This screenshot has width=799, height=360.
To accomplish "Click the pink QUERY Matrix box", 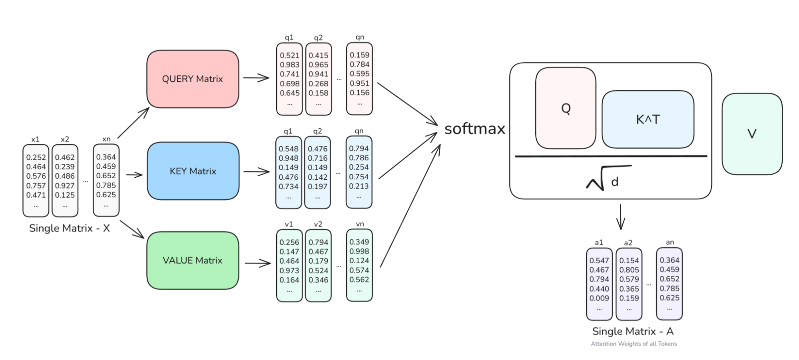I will (193, 79).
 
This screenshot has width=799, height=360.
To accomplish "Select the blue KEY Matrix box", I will (193, 171).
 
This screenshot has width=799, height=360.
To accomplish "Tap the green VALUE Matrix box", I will (193, 261).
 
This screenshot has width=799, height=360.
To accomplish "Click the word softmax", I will (474, 129).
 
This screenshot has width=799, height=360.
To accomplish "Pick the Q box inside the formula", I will (566, 108).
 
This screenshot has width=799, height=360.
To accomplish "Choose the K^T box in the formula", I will (648, 119).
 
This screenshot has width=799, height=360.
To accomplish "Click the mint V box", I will (752, 134).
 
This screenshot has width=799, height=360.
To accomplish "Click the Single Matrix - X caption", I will (70, 228).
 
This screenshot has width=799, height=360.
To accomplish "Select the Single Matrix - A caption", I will (633, 331).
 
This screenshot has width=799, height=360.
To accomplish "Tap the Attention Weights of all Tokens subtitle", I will (634, 344).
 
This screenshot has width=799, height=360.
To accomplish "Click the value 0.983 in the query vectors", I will (289, 65).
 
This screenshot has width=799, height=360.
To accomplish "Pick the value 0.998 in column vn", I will (359, 251).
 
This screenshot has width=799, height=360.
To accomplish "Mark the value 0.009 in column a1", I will (599, 298).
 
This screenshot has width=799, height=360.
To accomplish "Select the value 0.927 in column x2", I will (65, 185).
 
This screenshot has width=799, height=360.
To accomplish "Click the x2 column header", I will (65, 139).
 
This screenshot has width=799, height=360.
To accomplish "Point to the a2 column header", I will (628, 243).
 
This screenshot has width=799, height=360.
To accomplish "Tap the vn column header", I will (360, 224).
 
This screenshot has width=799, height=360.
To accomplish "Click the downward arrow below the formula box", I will (620, 217).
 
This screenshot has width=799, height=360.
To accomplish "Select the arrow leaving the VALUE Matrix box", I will (258, 263).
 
